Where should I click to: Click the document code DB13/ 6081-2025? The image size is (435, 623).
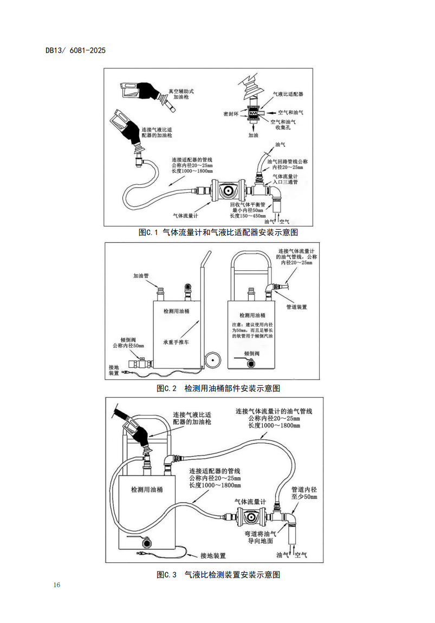[x=76, y=50]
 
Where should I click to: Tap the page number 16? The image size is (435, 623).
[x=57, y=585]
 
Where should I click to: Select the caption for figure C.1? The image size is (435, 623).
[x=218, y=232]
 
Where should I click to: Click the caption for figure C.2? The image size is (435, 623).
[x=218, y=388]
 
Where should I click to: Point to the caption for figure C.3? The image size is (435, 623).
[x=218, y=574]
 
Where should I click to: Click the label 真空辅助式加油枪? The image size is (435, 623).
[x=181, y=95]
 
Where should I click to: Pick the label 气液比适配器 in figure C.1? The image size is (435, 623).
[x=287, y=94]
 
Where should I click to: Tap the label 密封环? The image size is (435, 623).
[x=231, y=114]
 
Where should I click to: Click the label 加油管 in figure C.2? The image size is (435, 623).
[x=141, y=275]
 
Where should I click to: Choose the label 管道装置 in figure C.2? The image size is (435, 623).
[x=296, y=307]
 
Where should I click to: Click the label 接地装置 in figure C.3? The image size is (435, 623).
[x=213, y=555]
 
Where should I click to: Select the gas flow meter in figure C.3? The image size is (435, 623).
[x=250, y=517]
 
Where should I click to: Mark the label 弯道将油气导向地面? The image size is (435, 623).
[x=260, y=537]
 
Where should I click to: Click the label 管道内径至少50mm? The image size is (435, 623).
[x=304, y=492]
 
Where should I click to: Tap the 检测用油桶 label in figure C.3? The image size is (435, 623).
[x=146, y=489]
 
